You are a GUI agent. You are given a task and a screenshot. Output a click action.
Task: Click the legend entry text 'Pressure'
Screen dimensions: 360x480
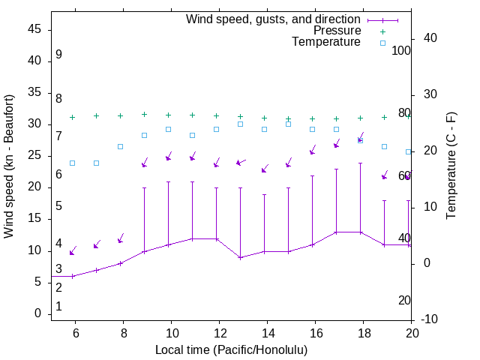coord(337,31)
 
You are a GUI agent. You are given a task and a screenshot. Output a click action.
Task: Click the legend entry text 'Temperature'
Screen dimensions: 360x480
coord(326,42)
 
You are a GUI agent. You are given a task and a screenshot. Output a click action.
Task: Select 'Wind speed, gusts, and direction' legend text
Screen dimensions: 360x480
coord(274,19)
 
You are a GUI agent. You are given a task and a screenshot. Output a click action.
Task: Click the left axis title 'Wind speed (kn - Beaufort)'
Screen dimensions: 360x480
coord(9,166)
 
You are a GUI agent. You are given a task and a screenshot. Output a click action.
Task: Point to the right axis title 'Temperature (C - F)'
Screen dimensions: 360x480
coord(451,166)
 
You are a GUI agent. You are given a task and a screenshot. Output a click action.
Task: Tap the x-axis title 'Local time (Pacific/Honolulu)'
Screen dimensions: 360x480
coord(231,349)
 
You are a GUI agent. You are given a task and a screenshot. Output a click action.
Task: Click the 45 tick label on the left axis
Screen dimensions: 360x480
coord(34,28)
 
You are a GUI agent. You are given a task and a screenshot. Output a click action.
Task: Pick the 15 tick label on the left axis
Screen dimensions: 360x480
coord(34,218)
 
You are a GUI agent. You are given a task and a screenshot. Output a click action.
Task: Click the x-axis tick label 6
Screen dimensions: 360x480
coord(74,331)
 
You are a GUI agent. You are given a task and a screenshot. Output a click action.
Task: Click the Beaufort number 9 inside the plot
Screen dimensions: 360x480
coord(58,55)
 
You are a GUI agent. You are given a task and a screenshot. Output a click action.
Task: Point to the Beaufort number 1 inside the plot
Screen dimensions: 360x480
coord(58,306)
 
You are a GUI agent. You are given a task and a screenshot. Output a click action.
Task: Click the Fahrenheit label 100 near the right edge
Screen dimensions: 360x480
coord(402,50)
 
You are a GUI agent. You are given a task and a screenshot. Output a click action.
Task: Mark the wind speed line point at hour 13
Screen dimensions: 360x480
coord(240,257)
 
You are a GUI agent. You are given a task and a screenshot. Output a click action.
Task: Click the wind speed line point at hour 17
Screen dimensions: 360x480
coord(336,232)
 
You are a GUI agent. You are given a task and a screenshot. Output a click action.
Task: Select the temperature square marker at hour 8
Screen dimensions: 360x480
coord(120,146)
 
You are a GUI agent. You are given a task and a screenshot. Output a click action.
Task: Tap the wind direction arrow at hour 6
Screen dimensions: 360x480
coord(73,251)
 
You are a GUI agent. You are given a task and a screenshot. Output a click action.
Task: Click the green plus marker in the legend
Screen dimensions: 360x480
coord(382,31)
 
